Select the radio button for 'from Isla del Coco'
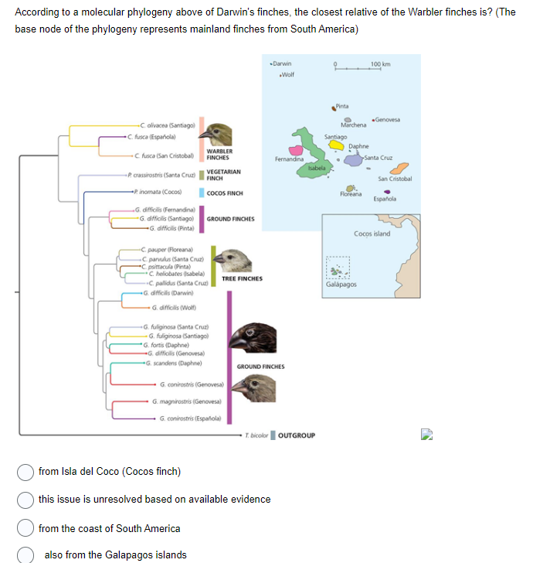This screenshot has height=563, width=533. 25,472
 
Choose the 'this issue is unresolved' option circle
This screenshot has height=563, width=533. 25,499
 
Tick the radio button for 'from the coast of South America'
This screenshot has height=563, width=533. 25,528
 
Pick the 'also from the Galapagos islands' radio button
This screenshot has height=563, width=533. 25,554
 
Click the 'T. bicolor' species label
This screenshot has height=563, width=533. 256,435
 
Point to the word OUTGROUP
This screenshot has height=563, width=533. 296,435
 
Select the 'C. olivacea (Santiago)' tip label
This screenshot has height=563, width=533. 165,125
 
